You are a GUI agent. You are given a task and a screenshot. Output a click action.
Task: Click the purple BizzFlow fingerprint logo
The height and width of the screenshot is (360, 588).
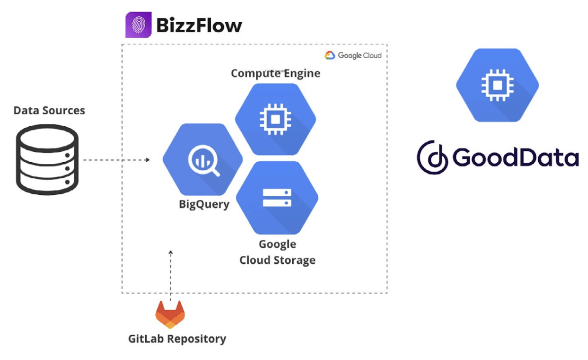pyautogui.click(x=138, y=25)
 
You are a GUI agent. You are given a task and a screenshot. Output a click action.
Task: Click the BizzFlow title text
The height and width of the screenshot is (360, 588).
pyautogui.click(x=199, y=25)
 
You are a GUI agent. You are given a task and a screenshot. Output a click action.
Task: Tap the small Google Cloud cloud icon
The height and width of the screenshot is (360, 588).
pyautogui.click(x=329, y=55)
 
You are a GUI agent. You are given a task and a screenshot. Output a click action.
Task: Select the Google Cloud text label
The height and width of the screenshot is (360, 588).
pyautogui.click(x=359, y=55)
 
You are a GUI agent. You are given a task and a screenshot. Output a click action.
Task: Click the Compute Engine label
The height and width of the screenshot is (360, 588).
pyautogui.click(x=275, y=73)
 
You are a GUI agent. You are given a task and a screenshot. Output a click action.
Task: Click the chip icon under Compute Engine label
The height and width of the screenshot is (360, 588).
pyautogui.click(x=275, y=119)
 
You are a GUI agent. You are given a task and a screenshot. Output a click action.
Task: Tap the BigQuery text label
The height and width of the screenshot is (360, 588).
pyautogui.click(x=204, y=204)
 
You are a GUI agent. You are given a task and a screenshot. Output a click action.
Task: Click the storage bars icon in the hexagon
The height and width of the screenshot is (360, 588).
pyautogui.click(x=277, y=197)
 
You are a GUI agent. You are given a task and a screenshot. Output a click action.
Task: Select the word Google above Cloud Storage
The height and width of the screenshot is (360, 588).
pyautogui.click(x=277, y=244)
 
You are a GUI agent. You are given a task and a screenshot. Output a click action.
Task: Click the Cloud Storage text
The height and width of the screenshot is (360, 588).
pyautogui.click(x=277, y=260)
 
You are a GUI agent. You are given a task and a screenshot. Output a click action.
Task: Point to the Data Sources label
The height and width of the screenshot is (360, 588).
pyautogui.click(x=49, y=111)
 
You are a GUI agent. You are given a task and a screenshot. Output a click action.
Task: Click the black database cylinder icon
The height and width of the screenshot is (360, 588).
pyautogui.click(x=47, y=160)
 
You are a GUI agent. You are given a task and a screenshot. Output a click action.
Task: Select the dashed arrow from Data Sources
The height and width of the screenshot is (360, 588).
pyautogui.click(x=116, y=160)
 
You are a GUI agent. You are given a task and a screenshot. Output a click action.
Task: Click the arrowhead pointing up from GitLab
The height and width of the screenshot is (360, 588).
pyautogui.click(x=171, y=253)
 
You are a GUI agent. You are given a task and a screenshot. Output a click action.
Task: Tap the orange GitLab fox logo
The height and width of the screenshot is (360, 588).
pyautogui.click(x=170, y=314)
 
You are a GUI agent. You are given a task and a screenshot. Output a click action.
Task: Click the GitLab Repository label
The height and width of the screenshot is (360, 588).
pyautogui.click(x=177, y=339)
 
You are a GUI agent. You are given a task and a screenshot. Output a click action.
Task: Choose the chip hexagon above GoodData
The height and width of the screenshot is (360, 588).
pyautogui.click(x=497, y=85)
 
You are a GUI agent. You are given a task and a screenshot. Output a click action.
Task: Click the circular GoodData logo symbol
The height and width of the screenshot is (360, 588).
pyautogui.click(x=432, y=157)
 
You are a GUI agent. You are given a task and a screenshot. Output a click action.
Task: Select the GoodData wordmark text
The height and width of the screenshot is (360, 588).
pyautogui.click(x=516, y=157)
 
